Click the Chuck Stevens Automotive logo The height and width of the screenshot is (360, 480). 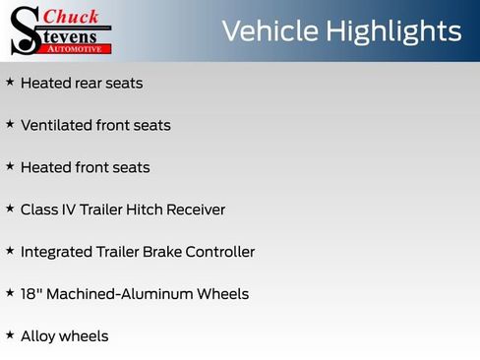(x=61, y=30)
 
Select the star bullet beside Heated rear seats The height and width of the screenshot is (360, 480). (x=10, y=83)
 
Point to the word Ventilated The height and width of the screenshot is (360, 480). (x=56, y=126)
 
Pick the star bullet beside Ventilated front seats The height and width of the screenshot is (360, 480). (x=10, y=125)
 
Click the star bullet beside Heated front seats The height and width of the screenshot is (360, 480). (x=10, y=167)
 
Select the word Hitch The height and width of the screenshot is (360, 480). (x=150, y=210)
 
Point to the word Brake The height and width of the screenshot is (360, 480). (x=165, y=252)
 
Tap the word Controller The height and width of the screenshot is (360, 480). (x=222, y=252)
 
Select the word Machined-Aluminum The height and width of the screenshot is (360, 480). (x=120, y=294)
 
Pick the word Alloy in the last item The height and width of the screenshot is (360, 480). (x=37, y=336)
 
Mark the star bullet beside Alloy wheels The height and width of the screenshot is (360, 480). (x=10, y=335)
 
